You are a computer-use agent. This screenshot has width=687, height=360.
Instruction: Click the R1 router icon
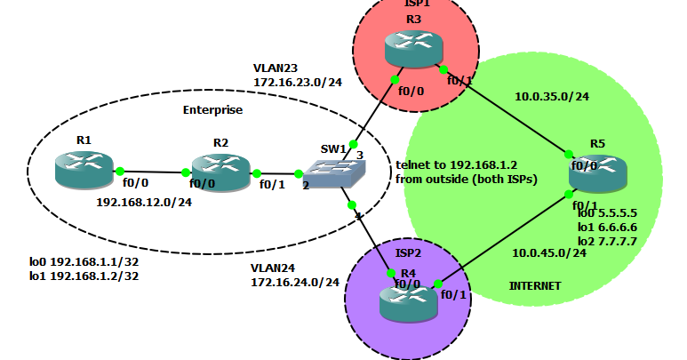coord(84,170)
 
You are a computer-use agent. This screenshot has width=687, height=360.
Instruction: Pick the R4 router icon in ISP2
coord(407,301)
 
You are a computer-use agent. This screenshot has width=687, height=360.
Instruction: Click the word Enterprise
coord(212,110)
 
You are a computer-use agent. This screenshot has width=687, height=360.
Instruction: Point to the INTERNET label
coord(535,286)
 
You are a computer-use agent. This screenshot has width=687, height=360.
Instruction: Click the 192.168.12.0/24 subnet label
coord(144,202)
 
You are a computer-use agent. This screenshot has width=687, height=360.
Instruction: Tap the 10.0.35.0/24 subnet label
coord(552,97)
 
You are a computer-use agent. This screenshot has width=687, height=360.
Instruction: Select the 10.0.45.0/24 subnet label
coord(548,252)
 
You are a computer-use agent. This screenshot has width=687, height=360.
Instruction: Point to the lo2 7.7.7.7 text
coord(607,241)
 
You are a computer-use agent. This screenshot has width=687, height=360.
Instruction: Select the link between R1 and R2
coord(151,172)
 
